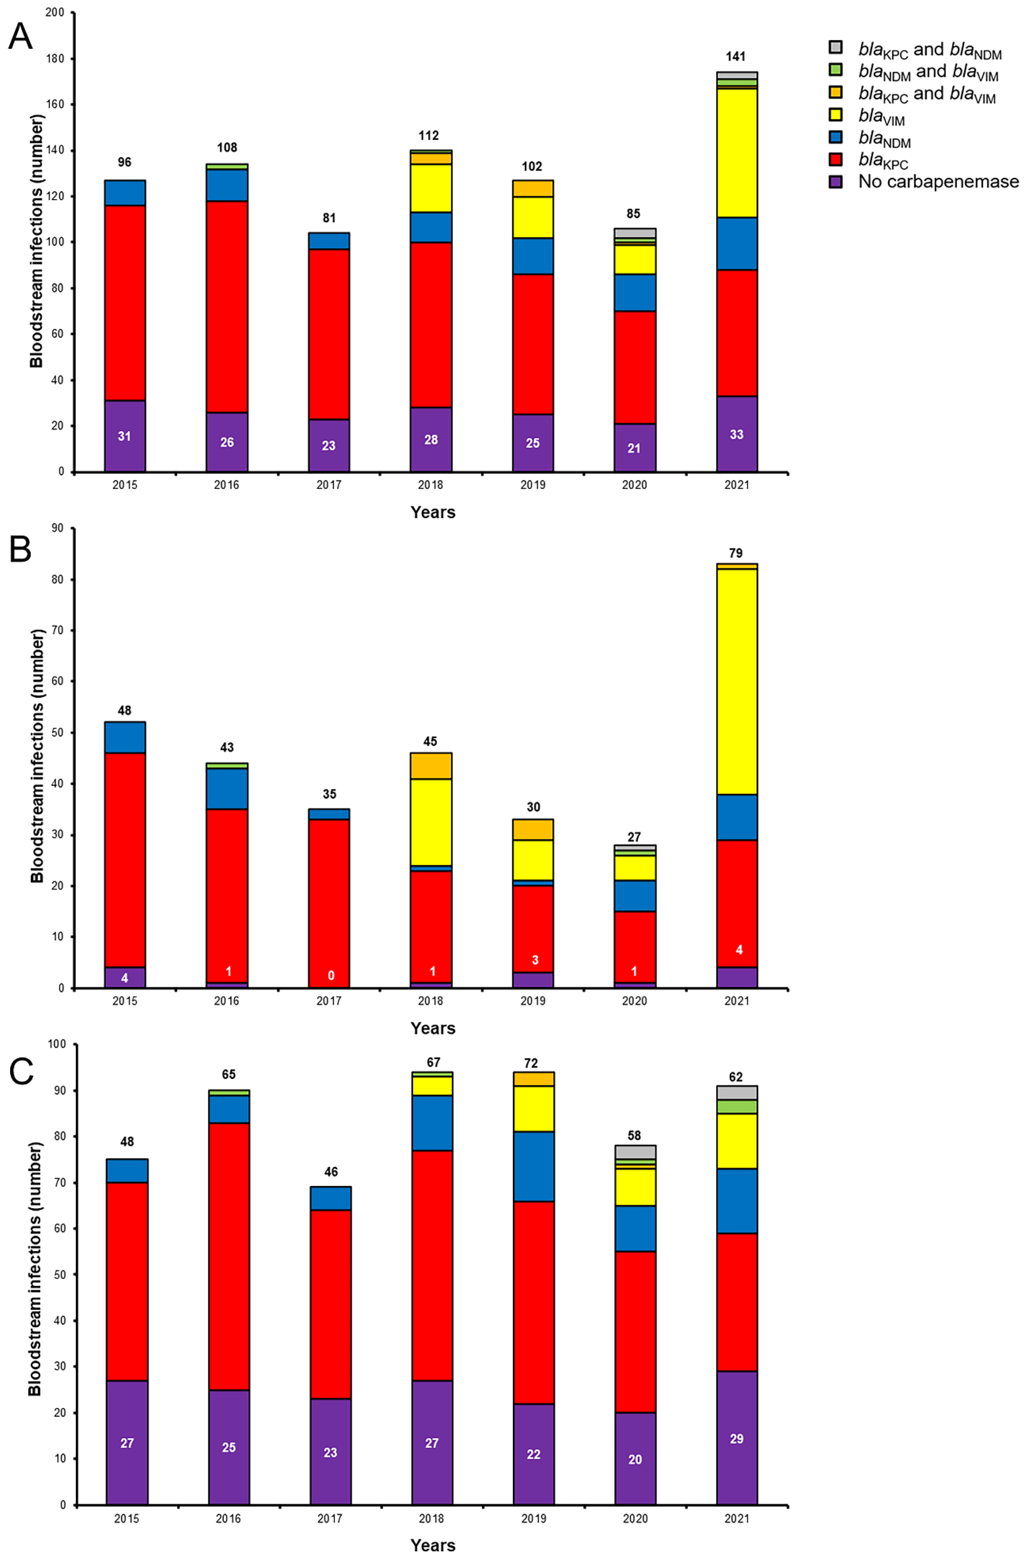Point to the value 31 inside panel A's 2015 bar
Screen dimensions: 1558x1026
(x=124, y=436)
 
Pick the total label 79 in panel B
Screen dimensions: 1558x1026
(x=736, y=553)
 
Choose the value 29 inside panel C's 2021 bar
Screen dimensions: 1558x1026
(x=736, y=1439)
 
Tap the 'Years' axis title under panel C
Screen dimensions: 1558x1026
(x=433, y=1545)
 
